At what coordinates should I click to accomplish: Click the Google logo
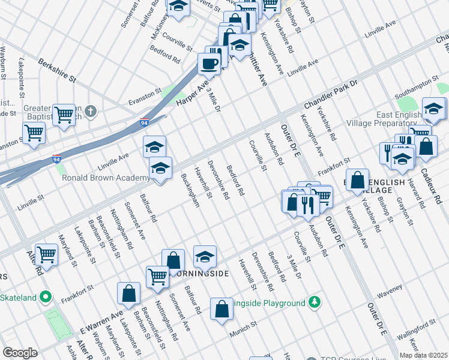(20, 353)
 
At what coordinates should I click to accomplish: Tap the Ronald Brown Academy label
(105, 178)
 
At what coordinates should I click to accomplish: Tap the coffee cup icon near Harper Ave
(209, 63)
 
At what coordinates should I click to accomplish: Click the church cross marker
(90, 111)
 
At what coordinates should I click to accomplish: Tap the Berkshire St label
(57, 70)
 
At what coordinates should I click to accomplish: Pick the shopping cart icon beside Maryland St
(46, 254)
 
